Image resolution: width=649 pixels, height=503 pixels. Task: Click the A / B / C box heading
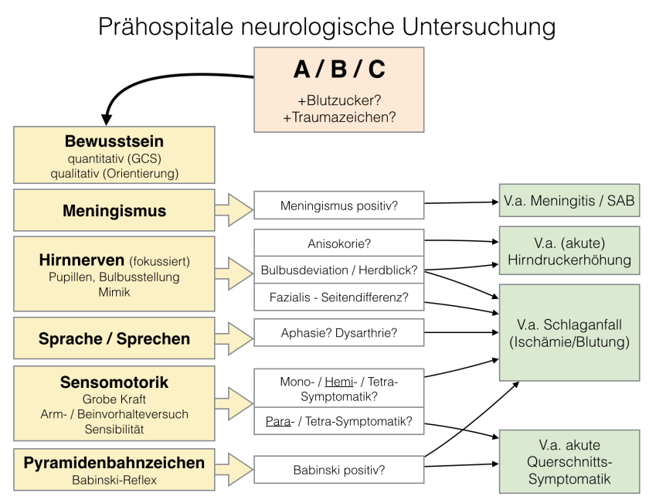[339, 70]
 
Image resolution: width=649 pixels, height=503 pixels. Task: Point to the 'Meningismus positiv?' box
[339, 207]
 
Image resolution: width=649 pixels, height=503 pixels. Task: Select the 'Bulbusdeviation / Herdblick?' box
[339, 270]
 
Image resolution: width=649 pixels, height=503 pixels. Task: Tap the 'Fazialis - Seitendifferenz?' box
[339, 297]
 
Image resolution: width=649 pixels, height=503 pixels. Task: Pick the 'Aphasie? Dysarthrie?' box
[339, 333]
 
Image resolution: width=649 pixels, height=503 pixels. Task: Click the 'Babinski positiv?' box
[339, 469]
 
